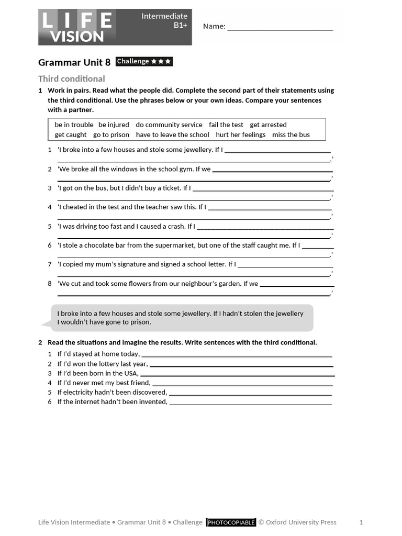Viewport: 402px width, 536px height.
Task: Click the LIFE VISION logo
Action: tap(76, 27)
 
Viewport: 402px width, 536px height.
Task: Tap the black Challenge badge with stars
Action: tap(144, 62)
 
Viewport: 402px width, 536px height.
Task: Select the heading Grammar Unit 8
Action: tap(74, 62)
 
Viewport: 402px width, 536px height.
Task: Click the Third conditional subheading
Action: tap(71, 79)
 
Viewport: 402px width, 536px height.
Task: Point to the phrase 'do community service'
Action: tap(169, 125)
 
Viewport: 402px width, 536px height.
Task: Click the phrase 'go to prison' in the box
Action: tap(111, 135)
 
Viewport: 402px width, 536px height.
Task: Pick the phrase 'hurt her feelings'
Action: tap(241, 135)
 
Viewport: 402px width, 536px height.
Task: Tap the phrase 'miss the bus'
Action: tap(291, 135)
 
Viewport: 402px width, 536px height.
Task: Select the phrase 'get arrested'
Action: tap(268, 125)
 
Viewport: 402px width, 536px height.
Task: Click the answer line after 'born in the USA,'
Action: tap(237, 375)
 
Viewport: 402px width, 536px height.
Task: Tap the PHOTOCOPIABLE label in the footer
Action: tap(231, 522)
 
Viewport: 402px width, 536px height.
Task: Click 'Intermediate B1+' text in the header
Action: tap(164, 20)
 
